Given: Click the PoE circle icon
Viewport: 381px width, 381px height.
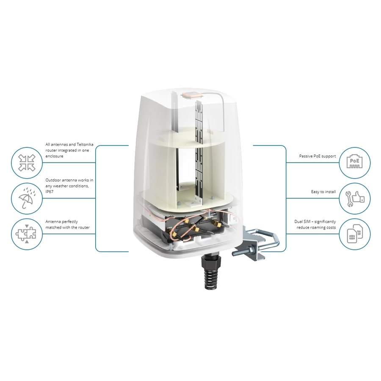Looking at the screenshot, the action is (354, 163).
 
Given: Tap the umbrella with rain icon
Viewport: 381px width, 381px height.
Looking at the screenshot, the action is (27, 198).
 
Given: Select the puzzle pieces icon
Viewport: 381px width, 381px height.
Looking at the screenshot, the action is (27, 234).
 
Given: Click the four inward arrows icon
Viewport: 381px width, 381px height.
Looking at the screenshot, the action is (27, 163).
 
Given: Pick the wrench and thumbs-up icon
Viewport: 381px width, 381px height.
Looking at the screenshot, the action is (354, 198).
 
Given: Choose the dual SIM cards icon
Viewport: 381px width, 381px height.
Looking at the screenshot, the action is (354, 234).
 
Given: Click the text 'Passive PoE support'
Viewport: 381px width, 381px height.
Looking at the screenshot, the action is (317, 156).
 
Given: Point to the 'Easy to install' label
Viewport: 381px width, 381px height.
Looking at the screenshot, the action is (323, 192).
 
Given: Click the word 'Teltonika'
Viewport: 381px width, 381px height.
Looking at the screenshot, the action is (85, 144).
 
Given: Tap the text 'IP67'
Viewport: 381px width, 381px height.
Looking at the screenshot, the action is (50, 192).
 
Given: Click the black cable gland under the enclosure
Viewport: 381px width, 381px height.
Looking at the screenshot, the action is (211, 271).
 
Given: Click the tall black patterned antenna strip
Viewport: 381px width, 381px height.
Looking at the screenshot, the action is (199, 151).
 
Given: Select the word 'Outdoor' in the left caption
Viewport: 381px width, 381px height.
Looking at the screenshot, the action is (53, 180).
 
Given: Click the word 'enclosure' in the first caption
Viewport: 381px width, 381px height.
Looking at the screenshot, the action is (54, 156).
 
